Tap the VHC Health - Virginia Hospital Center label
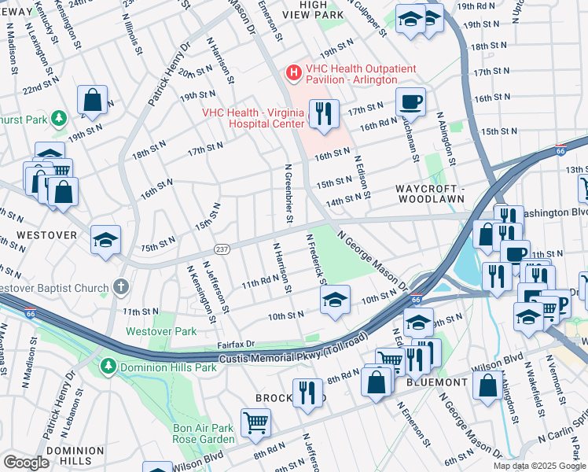tap(252, 117)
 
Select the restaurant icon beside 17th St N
tap(324, 114)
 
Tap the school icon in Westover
tap(105, 240)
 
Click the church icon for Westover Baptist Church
tap(120, 287)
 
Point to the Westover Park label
tap(161, 331)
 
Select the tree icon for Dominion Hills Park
tap(107, 367)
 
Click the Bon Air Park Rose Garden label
tap(203, 433)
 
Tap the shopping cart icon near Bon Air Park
tap(255, 422)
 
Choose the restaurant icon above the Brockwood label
tap(307, 393)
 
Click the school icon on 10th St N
tap(334, 299)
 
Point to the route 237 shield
tap(222, 249)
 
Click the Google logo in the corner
tap(25, 462)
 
